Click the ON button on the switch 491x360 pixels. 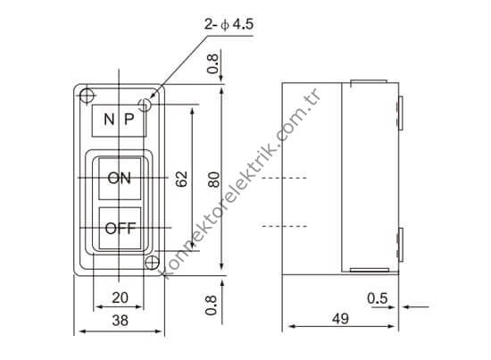tap(119, 178)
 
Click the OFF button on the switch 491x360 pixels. tap(119, 228)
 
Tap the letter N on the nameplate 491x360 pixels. tap(107, 120)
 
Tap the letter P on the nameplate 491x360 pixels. tap(130, 120)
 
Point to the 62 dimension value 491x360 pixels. tap(181, 179)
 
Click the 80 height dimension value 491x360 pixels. tap(212, 179)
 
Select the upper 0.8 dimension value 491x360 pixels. tap(212, 65)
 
